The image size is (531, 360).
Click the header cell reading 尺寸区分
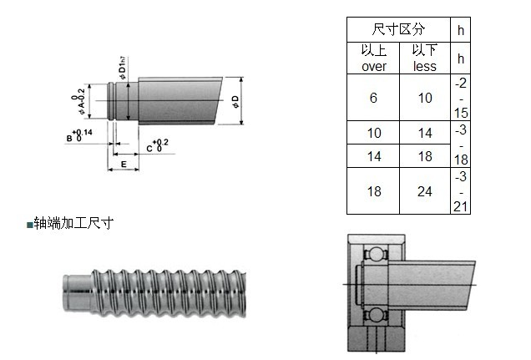click(398, 29)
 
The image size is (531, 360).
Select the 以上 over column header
click(373, 58)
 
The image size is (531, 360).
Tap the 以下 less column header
click(425, 58)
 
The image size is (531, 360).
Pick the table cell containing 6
click(373, 98)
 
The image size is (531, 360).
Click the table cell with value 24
click(425, 190)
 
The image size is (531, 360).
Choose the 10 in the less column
click(425, 98)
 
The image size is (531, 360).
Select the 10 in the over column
click(373, 133)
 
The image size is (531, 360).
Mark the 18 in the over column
click(373, 190)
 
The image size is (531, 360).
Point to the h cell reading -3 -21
click(460, 190)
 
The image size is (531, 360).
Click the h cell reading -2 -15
click(460, 98)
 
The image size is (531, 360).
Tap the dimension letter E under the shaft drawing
click(124, 165)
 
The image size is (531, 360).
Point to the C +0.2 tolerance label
click(156, 146)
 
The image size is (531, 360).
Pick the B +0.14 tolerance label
click(80, 135)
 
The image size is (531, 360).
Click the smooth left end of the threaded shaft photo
click(76, 287)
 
